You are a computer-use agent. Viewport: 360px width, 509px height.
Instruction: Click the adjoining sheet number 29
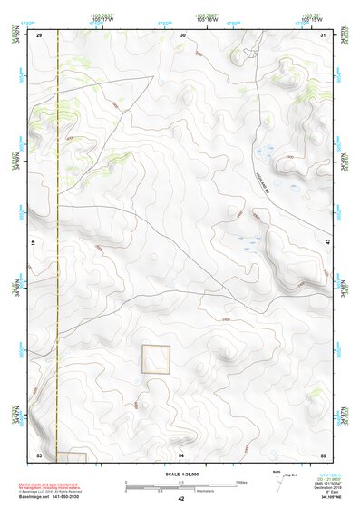(x=40, y=34)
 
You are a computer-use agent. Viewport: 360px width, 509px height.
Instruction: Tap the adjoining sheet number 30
(x=182, y=34)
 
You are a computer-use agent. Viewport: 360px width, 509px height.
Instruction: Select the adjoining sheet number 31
(x=324, y=34)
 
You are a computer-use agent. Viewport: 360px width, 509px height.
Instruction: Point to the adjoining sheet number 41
(x=33, y=244)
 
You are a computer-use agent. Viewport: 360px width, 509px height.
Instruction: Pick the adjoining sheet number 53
(x=39, y=454)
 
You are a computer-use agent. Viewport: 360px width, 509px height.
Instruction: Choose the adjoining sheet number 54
(x=181, y=454)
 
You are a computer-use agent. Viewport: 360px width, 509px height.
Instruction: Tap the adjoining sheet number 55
(x=323, y=454)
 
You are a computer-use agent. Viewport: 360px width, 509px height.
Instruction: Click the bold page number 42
(x=181, y=498)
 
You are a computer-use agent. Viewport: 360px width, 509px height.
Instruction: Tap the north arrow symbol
(x=277, y=480)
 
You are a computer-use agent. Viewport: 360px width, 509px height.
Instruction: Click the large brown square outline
(x=156, y=359)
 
